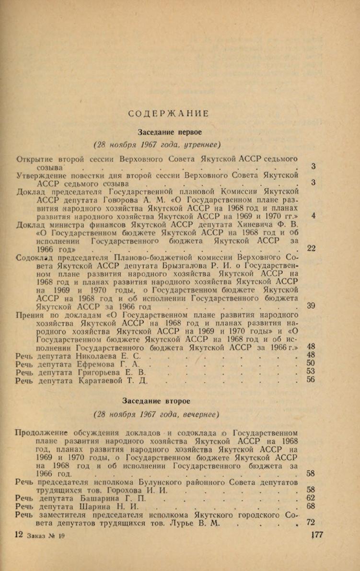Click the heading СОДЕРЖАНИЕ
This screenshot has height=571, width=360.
click(x=169, y=114)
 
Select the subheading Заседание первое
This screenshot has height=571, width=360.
click(x=170, y=131)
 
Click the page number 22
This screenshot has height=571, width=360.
click(x=311, y=248)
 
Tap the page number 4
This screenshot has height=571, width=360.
click(x=313, y=215)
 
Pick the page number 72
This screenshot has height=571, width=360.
click(x=311, y=522)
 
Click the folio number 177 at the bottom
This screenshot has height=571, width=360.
click(x=317, y=536)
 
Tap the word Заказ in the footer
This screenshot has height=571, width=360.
click(x=36, y=536)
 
